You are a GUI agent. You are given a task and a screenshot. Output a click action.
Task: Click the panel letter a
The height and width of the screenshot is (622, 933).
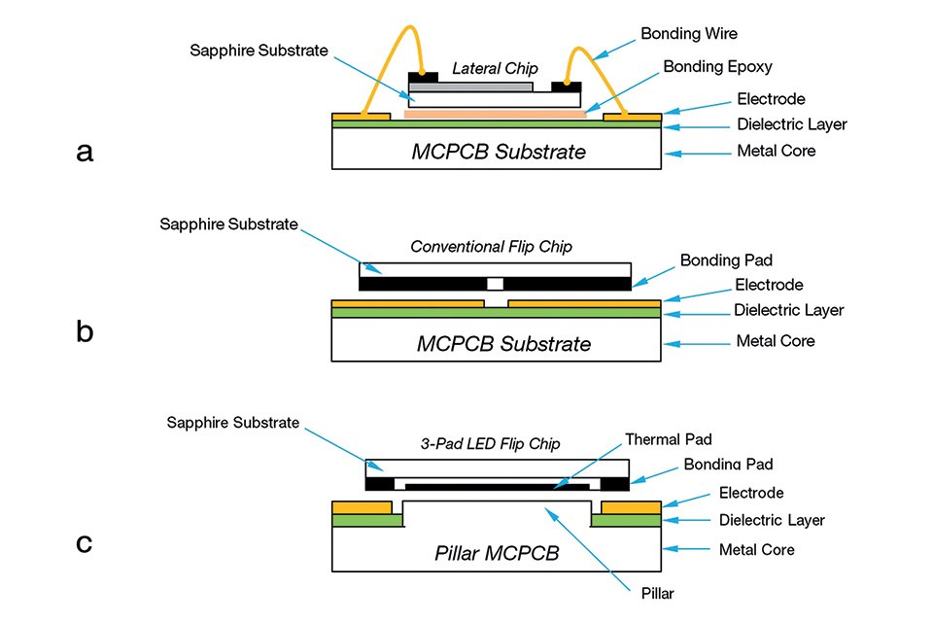[85, 153]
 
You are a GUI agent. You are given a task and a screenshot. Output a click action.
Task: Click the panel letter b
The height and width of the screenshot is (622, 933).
[85, 332]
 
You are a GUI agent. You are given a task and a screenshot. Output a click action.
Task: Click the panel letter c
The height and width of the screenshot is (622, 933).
[85, 541]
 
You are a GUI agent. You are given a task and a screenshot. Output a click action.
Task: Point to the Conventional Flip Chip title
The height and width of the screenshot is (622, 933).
[491, 247]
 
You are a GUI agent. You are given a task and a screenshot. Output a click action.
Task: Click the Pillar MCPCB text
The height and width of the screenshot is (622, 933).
[497, 553]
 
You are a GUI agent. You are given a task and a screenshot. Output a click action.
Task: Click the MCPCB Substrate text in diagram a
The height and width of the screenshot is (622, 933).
[499, 153]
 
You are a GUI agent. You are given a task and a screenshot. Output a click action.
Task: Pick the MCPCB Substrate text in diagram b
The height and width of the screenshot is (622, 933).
[503, 344]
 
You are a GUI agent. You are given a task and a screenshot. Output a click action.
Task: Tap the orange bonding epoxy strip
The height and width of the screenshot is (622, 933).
[495, 114]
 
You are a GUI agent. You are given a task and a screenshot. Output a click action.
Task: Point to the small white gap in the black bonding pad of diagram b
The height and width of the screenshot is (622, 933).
[496, 284]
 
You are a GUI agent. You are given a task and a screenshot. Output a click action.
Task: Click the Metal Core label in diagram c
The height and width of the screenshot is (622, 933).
[756, 550]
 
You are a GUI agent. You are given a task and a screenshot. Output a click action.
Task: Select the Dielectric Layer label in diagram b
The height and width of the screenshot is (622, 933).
[790, 310]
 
